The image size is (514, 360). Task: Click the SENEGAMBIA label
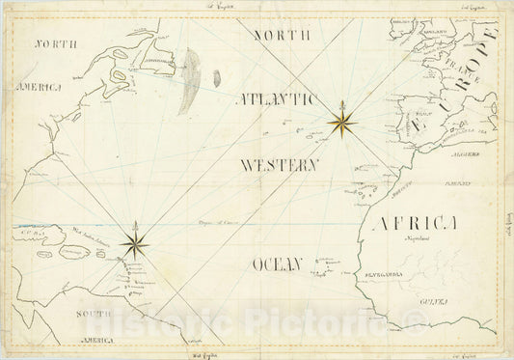click(377, 272)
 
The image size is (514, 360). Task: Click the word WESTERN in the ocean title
click(280, 165)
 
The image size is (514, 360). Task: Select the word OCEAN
click(278, 263)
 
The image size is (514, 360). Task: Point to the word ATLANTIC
click(276, 98)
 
